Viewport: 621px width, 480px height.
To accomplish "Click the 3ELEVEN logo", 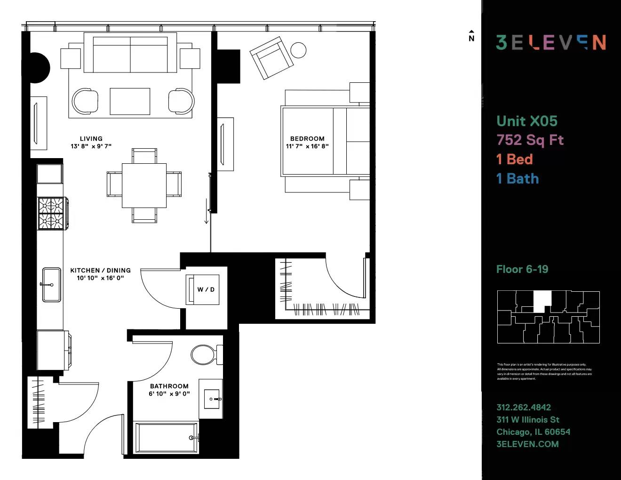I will (550, 42).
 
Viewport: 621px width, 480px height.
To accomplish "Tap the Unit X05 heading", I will (527, 121).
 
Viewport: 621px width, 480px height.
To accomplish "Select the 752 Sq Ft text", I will (530, 140).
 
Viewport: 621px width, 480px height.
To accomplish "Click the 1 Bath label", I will (517, 178).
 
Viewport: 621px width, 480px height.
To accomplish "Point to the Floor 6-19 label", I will (522, 269).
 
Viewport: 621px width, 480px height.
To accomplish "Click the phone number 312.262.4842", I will (524, 407).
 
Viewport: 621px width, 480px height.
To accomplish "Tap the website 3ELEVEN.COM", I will (527, 444).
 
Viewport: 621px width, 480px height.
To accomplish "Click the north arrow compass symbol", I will (471, 36).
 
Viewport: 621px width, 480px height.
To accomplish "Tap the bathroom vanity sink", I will (212, 399).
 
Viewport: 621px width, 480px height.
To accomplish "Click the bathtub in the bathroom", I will (166, 438).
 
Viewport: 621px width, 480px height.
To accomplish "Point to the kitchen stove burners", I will (51, 213).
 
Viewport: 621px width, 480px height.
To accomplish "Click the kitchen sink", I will (51, 285).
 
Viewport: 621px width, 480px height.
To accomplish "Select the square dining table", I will (144, 185).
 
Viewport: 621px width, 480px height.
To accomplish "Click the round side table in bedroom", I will (298, 50).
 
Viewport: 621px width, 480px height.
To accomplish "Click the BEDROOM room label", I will (307, 139).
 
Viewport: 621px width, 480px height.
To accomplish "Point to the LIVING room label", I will (91, 139).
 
